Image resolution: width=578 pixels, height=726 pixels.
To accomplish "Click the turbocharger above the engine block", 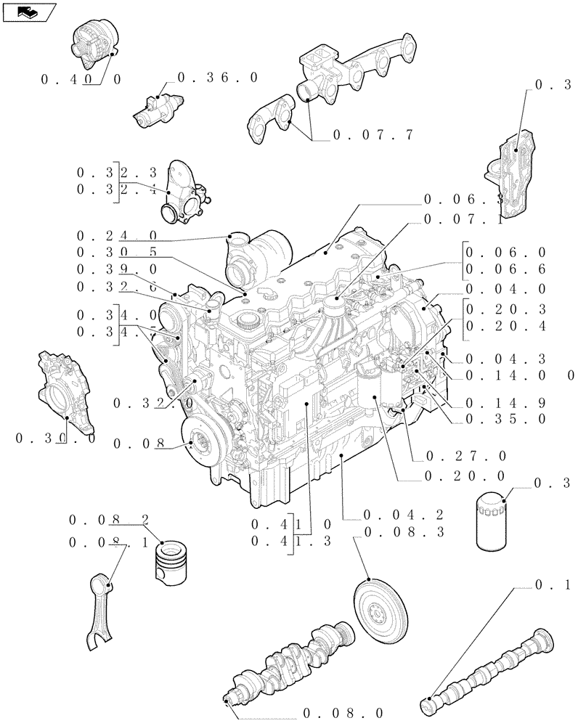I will pos(258,258).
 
